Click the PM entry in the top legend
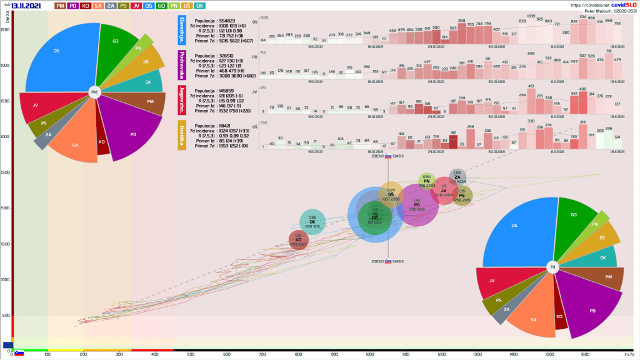(x=61, y=6)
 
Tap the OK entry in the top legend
(x=199, y=6)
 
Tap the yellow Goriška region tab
(x=182, y=135)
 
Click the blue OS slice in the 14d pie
(x=59, y=56)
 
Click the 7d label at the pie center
(x=552, y=267)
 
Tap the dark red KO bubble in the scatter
(x=299, y=240)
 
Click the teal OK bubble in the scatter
(x=312, y=222)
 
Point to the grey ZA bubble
(x=457, y=177)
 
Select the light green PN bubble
(x=427, y=181)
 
